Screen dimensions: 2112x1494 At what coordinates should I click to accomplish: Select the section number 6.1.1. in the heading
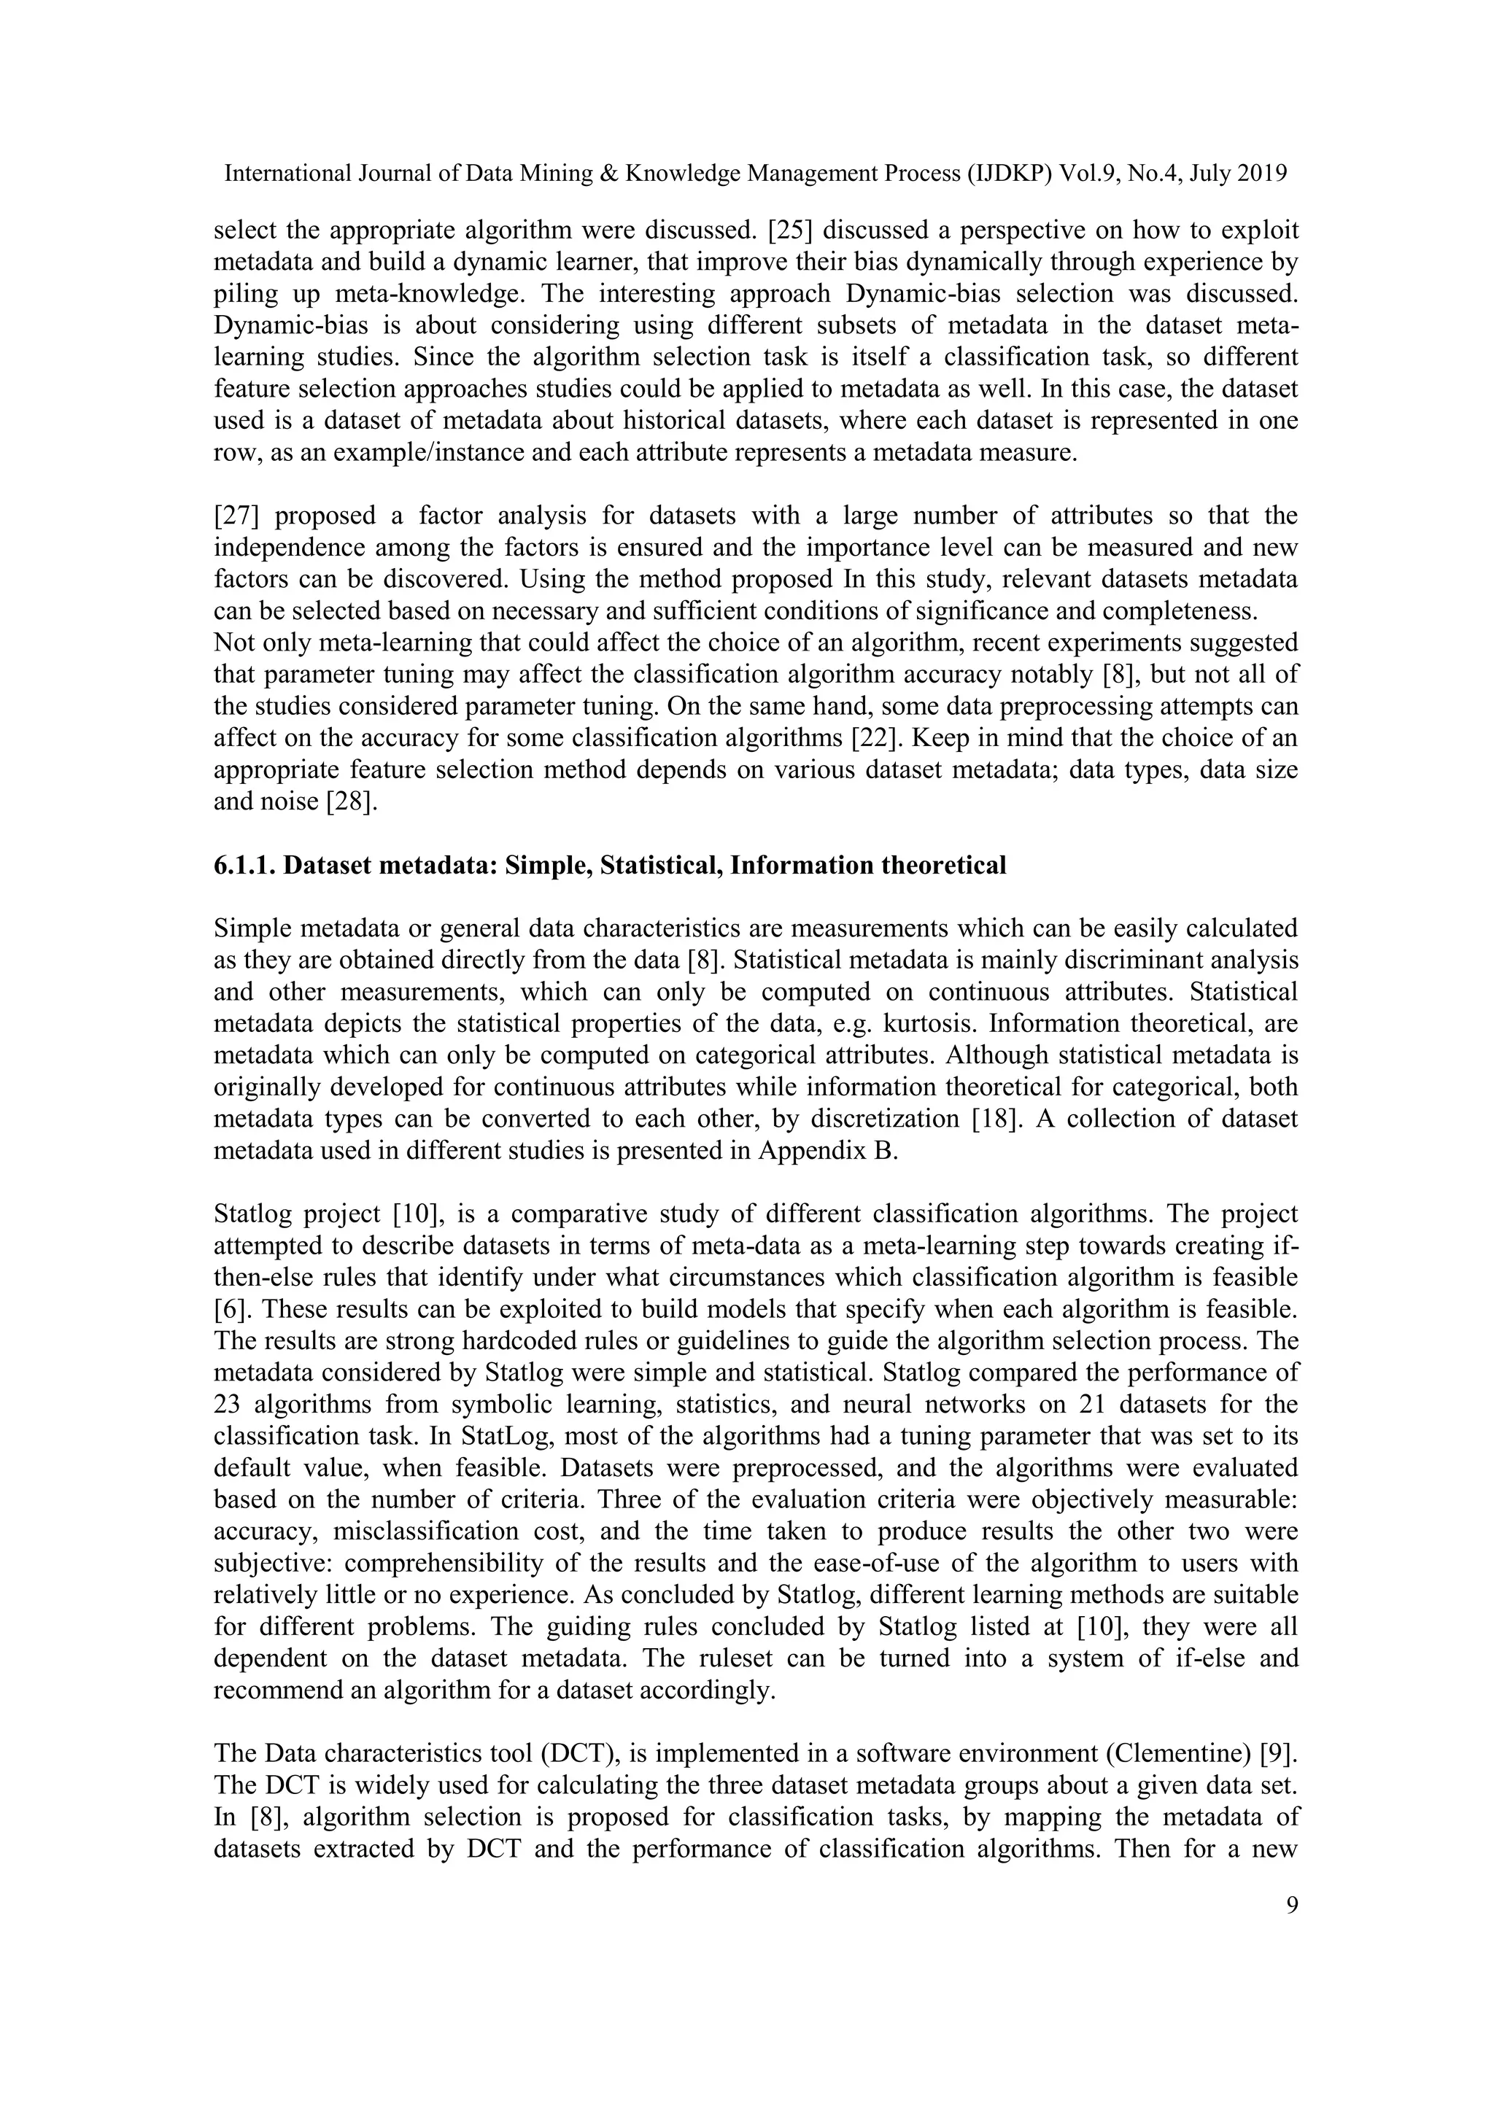(244, 866)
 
